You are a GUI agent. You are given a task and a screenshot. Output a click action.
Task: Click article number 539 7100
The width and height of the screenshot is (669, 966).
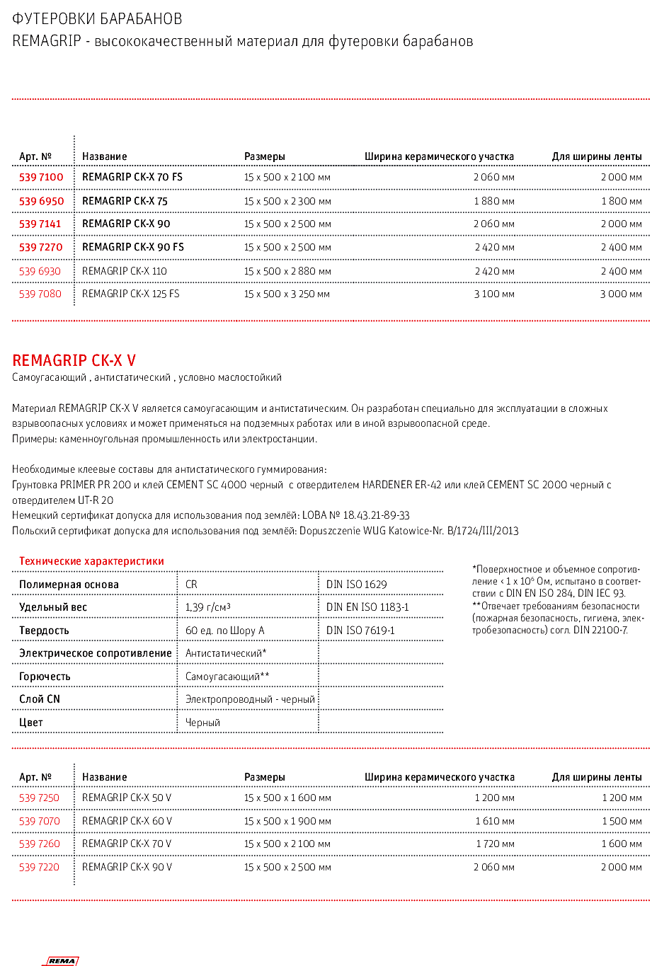tap(41, 177)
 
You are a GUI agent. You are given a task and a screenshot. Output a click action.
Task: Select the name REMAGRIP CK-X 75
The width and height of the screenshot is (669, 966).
tap(125, 201)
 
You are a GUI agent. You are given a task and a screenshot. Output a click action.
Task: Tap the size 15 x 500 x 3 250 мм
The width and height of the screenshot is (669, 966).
tap(287, 294)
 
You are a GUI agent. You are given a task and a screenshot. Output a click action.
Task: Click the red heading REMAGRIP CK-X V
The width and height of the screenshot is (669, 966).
tap(74, 360)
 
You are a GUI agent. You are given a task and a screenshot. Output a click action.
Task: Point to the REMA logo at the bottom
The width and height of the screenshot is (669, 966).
tap(62, 960)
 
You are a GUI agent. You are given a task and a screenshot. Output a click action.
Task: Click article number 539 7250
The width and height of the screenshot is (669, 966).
tap(40, 798)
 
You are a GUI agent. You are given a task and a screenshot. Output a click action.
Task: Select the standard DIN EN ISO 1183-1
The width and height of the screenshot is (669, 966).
tap(367, 607)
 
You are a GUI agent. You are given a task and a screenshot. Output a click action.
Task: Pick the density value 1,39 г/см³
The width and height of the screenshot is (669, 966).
tap(208, 607)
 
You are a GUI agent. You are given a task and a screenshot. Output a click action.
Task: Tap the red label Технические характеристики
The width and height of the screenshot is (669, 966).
tap(91, 561)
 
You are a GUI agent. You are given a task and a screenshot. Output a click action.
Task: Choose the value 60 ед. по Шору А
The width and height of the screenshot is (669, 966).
tap(224, 631)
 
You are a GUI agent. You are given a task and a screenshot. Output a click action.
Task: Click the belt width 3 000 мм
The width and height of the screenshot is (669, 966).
tap(621, 294)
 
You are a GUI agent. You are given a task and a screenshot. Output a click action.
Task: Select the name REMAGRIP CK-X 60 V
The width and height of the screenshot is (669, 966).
tap(127, 821)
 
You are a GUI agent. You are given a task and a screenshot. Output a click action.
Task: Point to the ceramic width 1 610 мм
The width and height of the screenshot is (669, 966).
tap(495, 821)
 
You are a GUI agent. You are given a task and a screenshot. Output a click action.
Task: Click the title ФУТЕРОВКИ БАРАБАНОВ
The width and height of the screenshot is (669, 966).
tap(97, 18)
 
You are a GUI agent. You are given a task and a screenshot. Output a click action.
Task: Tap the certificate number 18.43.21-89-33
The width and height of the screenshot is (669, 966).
tap(376, 515)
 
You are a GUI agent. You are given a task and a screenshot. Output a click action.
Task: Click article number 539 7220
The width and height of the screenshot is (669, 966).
tap(40, 867)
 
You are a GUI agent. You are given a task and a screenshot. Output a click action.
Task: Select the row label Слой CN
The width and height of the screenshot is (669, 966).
tap(40, 699)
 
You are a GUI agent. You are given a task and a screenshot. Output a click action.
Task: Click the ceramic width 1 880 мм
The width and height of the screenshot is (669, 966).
tap(494, 201)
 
